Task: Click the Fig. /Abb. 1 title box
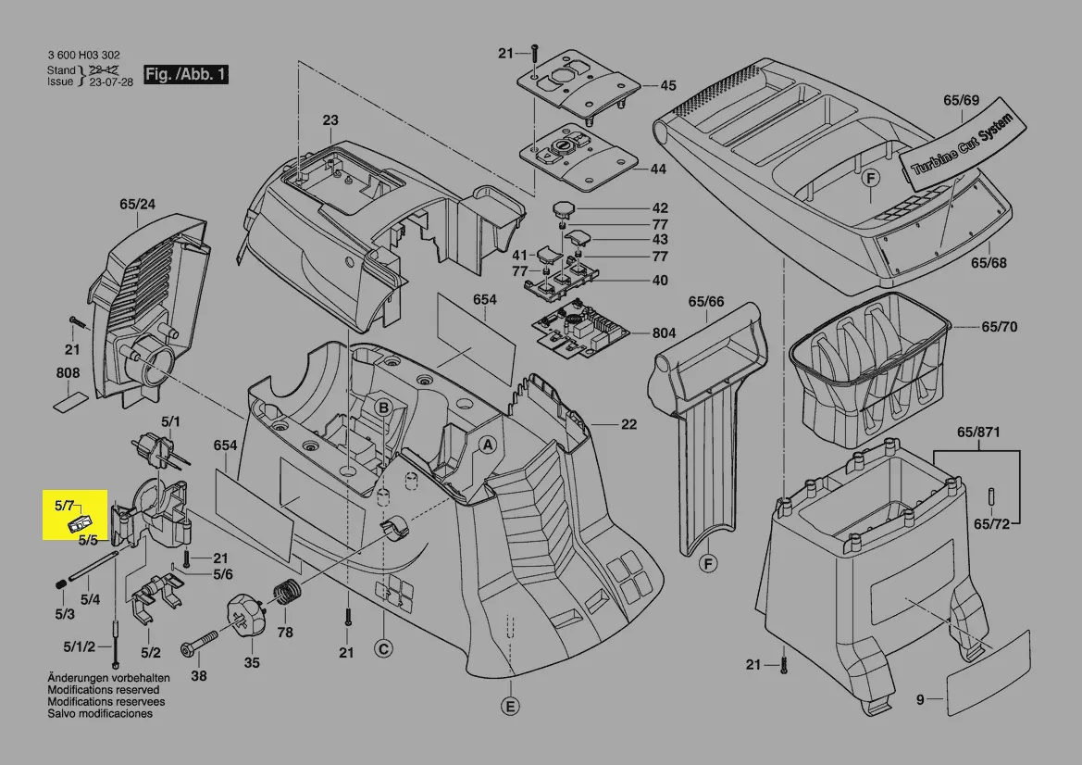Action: tap(185, 74)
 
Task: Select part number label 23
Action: tap(330, 120)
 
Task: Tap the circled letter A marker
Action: tap(485, 445)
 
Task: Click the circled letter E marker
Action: tap(509, 707)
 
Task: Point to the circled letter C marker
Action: tap(382, 649)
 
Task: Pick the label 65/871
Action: tap(978, 433)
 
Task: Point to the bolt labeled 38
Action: tap(199, 640)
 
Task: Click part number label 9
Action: tap(920, 700)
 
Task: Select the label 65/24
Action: tap(137, 204)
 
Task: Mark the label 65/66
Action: tap(706, 301)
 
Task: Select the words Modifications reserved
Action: tap(103, 690)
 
